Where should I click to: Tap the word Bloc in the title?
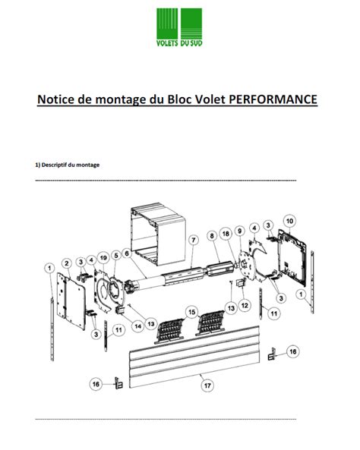pyautogui.click(x=172, y=99)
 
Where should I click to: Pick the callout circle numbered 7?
pyautogui.click(x=193, y=240)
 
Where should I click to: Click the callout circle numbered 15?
pyautogui.click(x=192, y=312)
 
